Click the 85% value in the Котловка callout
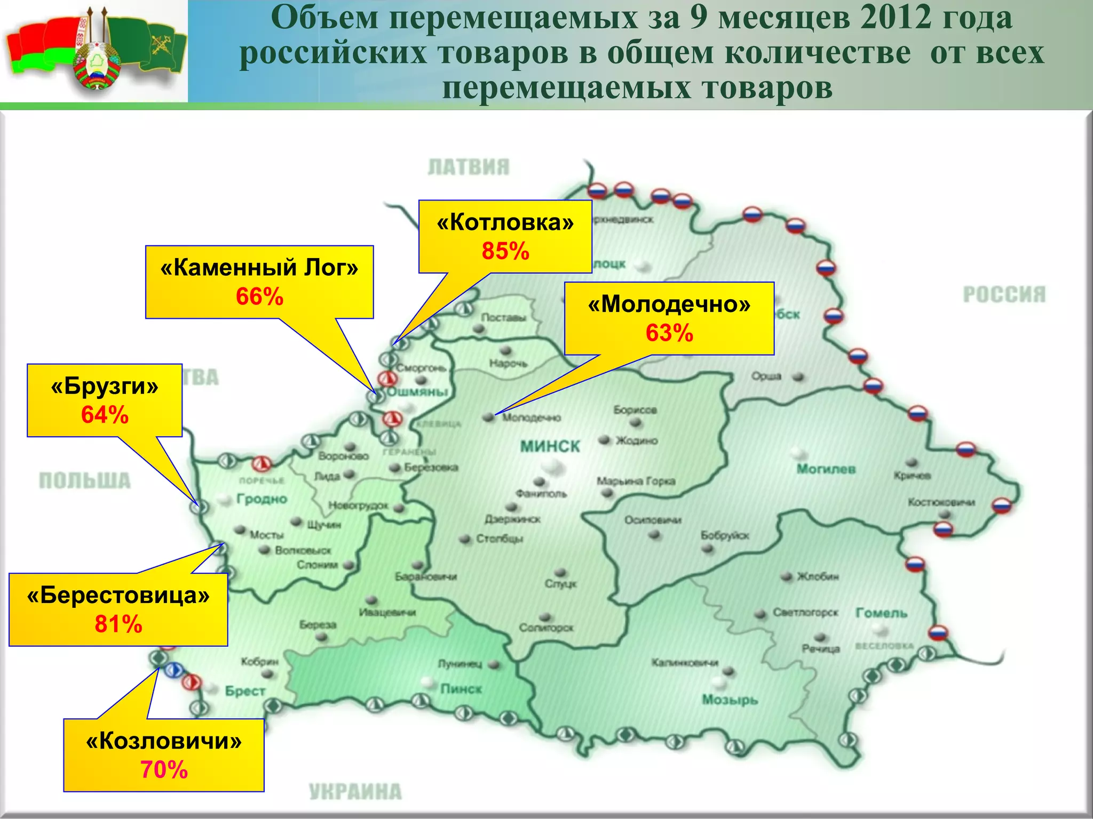pyautogui.click(x=505, y=251)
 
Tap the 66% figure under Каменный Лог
pyautogui.click(x=259, y=296)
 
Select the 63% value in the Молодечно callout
pyautogui.click(x=669, y=333)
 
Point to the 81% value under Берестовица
pyautogui.click(x=118, y=624)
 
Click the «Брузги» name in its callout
pyautogui.click(x=105, y=386)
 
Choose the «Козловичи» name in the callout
pyautogui.click(x=164, y=741)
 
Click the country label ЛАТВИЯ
pyautogui.click(x=469, y=167)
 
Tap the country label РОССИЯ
pyautogui.click(x=1004, y=294)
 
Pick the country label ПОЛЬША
pyautogui.click(x=85, y=481)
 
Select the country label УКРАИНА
pyautogui.click(x=355, y=792)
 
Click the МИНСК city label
pyautogui.click(x=550, y=446)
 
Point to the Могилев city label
pyautogui.click(x=826, y=469)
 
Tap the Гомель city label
pyautogui.click(x=881, y=613)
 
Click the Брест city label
pyautogui.click(x=245, y=691)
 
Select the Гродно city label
pyautogui.click(x=262, y=499)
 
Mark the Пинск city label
pyautogui.click(x=461, y=689)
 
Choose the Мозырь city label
pyautogui.click(x=730, y=700)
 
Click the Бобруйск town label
pyautogui.click(x=725, y=535)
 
